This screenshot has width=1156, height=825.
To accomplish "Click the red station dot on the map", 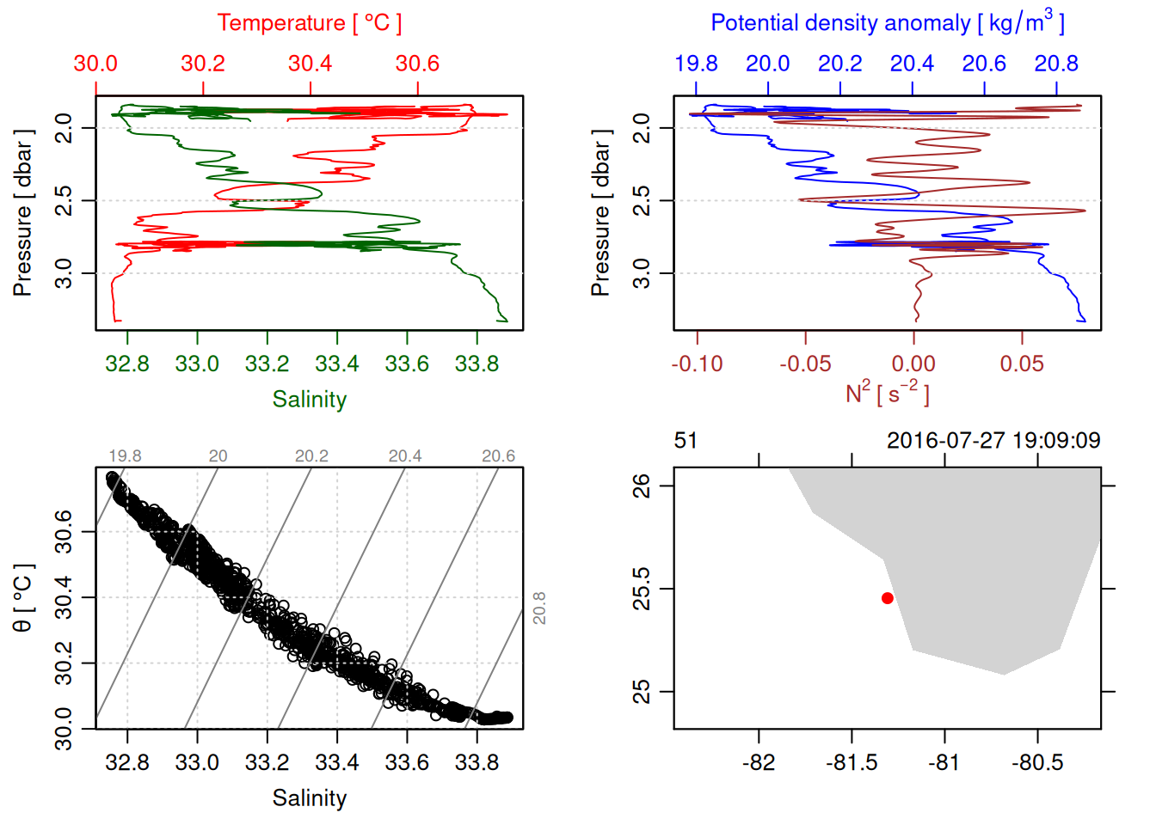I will (887, 598).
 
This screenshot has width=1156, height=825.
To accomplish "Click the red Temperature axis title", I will (309, 23).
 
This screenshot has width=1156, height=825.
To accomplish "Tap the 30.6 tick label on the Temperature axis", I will (417, 64).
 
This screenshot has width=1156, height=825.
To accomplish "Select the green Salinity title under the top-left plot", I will (309, 400).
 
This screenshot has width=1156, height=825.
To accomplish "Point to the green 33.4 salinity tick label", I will (337, 364).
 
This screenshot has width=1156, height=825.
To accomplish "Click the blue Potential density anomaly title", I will (887, 23).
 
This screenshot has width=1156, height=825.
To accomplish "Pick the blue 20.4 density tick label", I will (912, 64).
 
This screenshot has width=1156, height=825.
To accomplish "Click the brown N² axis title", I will (887, 394).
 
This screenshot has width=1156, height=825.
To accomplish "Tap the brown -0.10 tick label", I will (697, 364).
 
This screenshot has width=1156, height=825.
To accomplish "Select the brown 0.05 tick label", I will (1022, 364).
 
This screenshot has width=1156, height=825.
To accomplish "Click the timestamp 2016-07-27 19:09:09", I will (993, 441).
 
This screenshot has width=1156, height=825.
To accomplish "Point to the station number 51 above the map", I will (686, 441).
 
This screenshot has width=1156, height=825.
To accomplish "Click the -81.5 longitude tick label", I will (852, 763).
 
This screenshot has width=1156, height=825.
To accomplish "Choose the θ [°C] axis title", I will (23, 598).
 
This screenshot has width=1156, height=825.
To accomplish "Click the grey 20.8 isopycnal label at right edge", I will (539, 608).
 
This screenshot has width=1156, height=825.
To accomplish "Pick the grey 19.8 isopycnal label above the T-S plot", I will (125, 456).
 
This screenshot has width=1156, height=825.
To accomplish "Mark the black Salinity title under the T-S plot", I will (309, 798).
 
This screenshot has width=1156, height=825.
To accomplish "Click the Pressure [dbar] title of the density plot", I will (600, 213).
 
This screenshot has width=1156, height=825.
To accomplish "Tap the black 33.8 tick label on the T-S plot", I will (477, 763).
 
